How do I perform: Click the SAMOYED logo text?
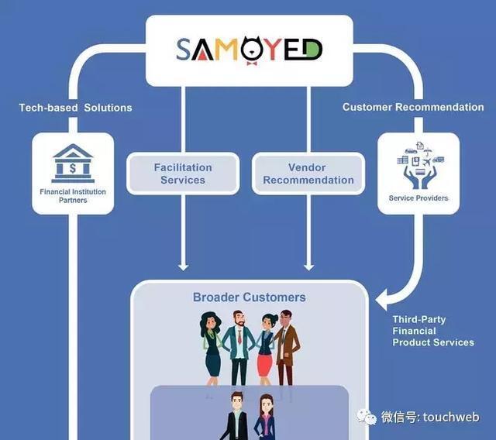click(249, 50)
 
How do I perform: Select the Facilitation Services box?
click(183, 174)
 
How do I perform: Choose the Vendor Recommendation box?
click(308, 174)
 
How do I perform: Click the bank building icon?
click(72, 163)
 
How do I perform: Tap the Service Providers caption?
click(418, 198)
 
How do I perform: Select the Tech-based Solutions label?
click(75, 108)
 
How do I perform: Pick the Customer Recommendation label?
click(413, 108)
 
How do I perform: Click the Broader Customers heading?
click(249, 297)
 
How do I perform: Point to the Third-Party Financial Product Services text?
click(432, 331)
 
